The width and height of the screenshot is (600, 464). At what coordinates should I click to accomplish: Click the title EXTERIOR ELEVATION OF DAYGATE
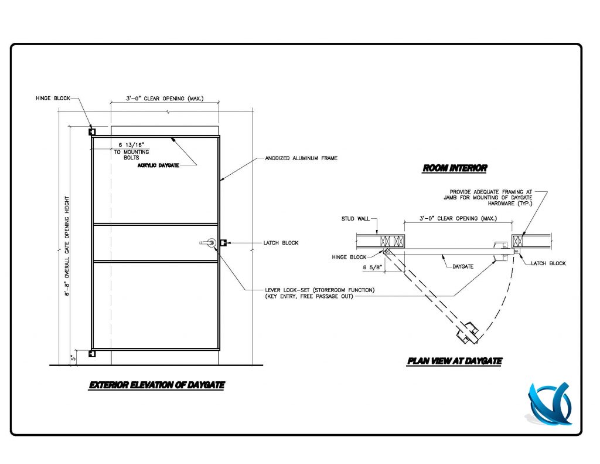[x=156, y=385]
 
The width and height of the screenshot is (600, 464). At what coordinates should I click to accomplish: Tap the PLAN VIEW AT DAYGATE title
[x=454, y=361]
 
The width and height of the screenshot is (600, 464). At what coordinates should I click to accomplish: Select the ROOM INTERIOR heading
[x=455, y=168]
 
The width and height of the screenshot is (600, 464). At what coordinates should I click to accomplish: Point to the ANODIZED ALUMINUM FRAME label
[x=301, y=158]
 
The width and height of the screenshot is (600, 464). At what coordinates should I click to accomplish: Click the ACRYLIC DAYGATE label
[x=158, y=165]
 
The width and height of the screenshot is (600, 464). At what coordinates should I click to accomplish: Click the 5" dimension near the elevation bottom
[x=73, y=357]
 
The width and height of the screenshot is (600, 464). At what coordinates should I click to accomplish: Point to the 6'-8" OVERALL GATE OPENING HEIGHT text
[x=68, y=246]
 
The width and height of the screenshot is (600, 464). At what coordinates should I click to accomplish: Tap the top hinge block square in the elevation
[x=92, y=132]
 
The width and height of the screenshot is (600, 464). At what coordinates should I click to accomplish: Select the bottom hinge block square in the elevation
[x=92, y=354]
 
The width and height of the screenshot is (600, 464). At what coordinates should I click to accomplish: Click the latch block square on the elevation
[x=223, y=243]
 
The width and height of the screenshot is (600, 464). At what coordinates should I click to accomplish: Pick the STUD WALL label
[x=356, y=219]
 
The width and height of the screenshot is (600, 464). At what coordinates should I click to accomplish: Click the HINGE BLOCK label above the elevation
[x=52, y=99]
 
